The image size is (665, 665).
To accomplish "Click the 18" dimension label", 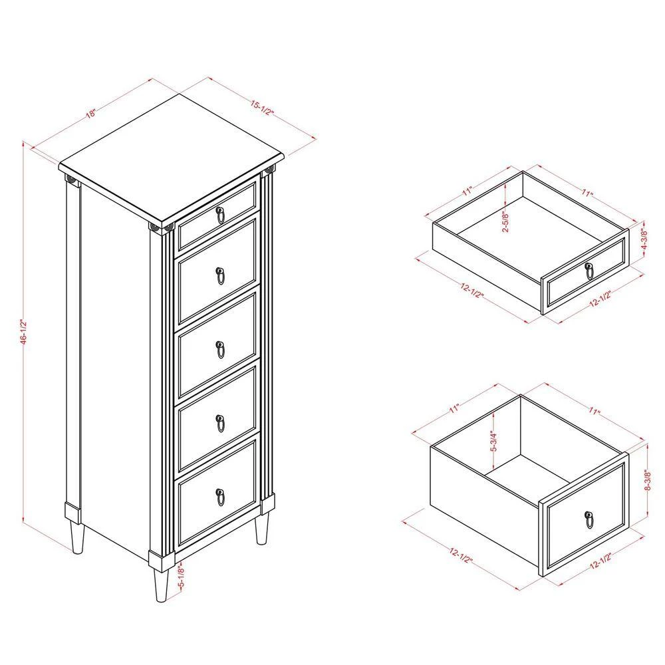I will click(x=91, y=112).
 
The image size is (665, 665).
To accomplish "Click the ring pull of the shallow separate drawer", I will click(x=589, y=270).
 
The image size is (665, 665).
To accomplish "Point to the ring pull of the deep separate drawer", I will click(x=589, y=520).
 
